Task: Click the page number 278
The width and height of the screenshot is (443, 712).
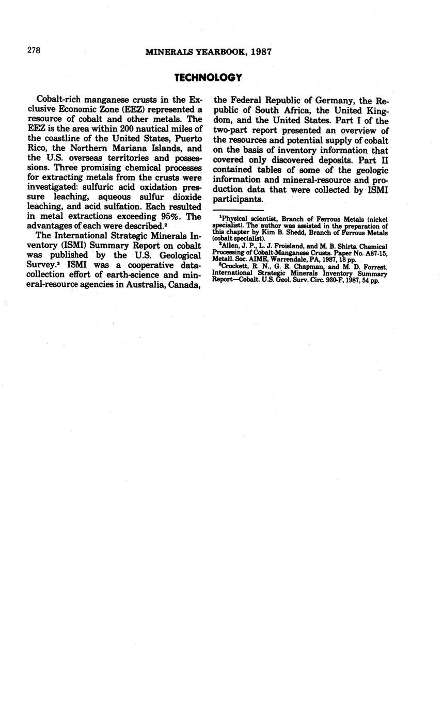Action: pyautogui.click(x=34, y=50)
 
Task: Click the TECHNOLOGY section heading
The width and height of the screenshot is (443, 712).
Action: pyautogui.click(x=208, y=78)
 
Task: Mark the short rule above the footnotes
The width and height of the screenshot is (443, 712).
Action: pyautogui.click(x=238, y=210)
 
